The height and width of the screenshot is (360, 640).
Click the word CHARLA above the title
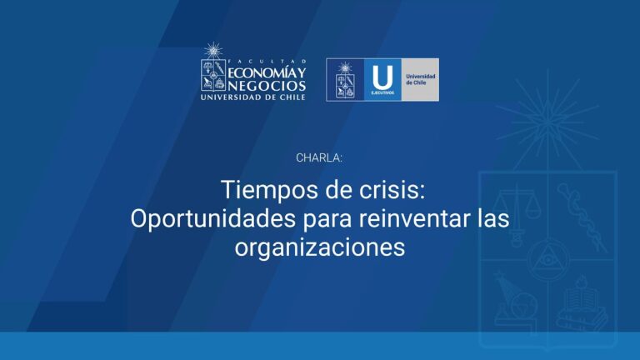coord(319,157)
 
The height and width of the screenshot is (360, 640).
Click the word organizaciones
coord(319,247)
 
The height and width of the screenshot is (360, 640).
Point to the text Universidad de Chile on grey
coord(419,80)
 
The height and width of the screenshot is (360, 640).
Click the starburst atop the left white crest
coord(212,50)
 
